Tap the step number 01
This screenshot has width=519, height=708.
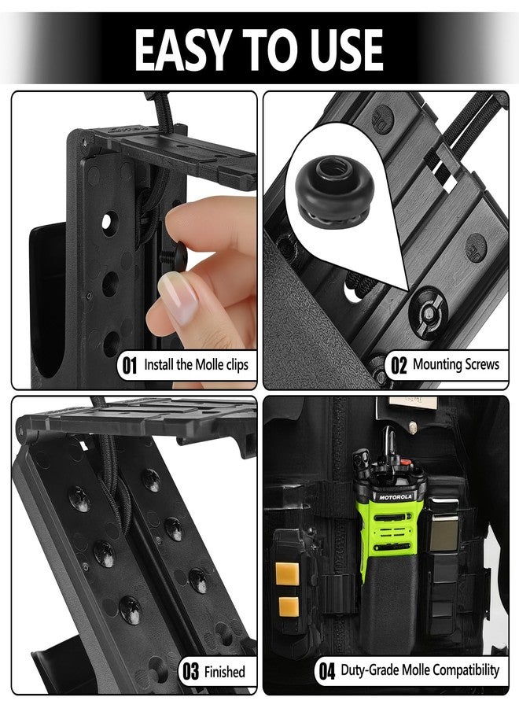[129, 365]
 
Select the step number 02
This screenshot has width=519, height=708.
[399, 365]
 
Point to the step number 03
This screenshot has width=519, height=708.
[190, 672]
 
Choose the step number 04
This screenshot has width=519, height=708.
[326, 672]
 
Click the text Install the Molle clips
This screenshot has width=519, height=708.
[196, 365]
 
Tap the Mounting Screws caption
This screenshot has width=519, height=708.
[455, 365]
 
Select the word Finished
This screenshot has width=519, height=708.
[225, 672]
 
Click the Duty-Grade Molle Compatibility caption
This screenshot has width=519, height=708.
[420, 671]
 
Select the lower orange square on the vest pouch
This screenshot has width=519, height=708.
[288, 607]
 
